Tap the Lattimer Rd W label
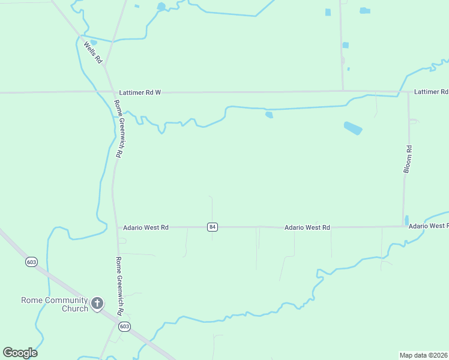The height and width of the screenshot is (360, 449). point(140,92)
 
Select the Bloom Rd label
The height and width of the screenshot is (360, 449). point(408,159)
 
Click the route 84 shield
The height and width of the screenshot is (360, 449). point(212,227)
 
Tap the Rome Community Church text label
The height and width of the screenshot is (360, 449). point(54,304)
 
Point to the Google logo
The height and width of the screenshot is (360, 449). point(20,353)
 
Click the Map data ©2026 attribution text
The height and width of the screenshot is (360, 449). point(424,355)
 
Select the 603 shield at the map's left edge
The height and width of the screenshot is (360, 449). point(32,262)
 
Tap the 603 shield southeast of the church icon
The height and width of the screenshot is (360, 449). point(124,326)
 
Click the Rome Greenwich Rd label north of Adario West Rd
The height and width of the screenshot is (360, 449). point(118,128)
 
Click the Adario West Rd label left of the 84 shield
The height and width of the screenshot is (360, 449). point(146,227)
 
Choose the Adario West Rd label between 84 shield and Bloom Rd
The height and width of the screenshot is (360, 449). point(307,227)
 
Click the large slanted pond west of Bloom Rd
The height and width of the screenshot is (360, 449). point(353,128)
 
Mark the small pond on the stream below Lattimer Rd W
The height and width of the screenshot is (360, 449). point(268,115)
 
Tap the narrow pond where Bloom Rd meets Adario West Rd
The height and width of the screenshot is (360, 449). point(406,220)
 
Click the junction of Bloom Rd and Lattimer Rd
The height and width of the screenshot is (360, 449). point(408,92)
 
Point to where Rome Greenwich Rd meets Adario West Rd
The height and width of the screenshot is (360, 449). point(116,227)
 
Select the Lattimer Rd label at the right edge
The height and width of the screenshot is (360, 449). point(431,92)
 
